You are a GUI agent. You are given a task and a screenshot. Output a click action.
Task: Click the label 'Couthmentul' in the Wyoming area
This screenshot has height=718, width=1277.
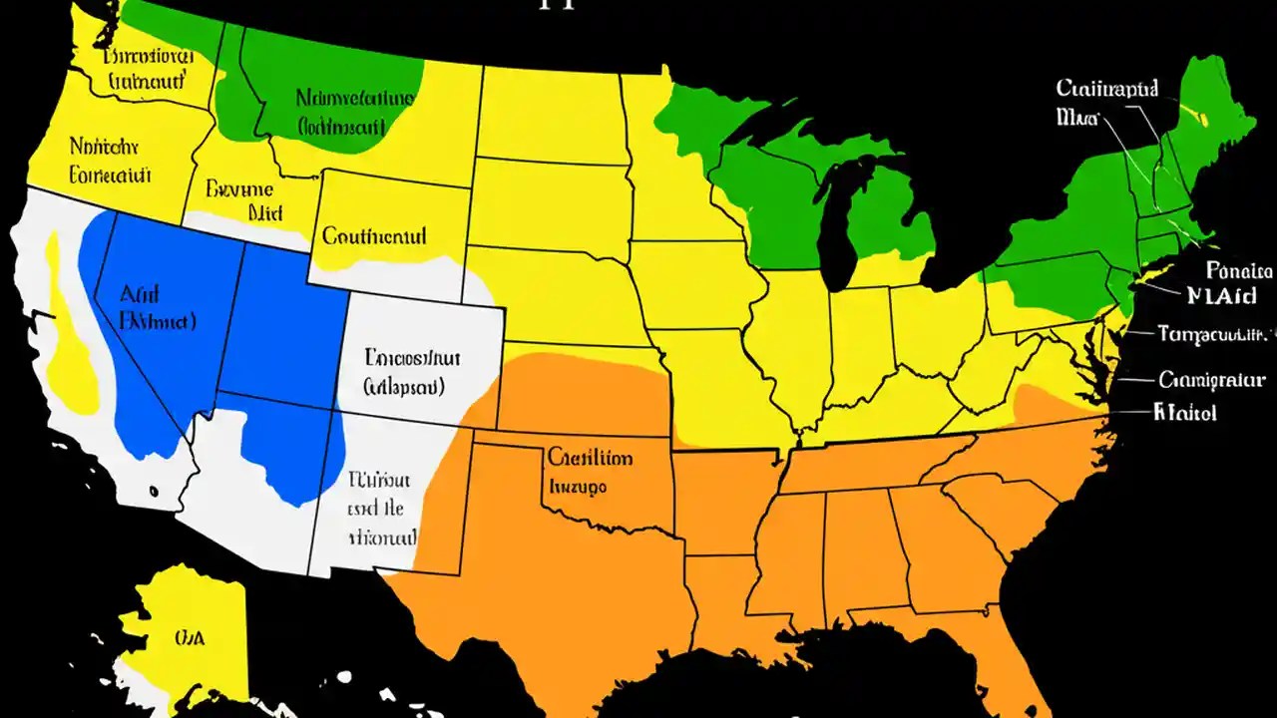(374, 236)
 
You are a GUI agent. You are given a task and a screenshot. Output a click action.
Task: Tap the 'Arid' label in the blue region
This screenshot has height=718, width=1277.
(140, 294)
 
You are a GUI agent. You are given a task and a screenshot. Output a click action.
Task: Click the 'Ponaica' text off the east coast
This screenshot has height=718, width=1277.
(1238, 270)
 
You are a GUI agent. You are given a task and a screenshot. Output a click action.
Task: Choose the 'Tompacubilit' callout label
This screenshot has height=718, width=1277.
(1215, 334)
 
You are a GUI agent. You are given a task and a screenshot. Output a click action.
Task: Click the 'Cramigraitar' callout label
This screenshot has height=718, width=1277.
(1212, 379)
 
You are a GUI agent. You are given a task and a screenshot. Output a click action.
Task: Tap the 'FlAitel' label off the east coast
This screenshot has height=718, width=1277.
(1184, 412)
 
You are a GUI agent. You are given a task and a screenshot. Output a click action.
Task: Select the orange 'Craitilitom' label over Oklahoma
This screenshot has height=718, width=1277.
(589, 458)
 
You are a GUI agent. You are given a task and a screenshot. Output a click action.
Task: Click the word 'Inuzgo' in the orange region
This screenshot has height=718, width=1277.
(579, 488)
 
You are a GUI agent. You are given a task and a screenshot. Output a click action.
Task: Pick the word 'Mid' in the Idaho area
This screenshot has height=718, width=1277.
(265, 212)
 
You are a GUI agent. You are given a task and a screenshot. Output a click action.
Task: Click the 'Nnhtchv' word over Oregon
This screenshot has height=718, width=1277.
(104, 148)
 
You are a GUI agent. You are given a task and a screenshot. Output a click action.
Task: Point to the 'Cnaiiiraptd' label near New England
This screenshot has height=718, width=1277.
(1106, 90)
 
